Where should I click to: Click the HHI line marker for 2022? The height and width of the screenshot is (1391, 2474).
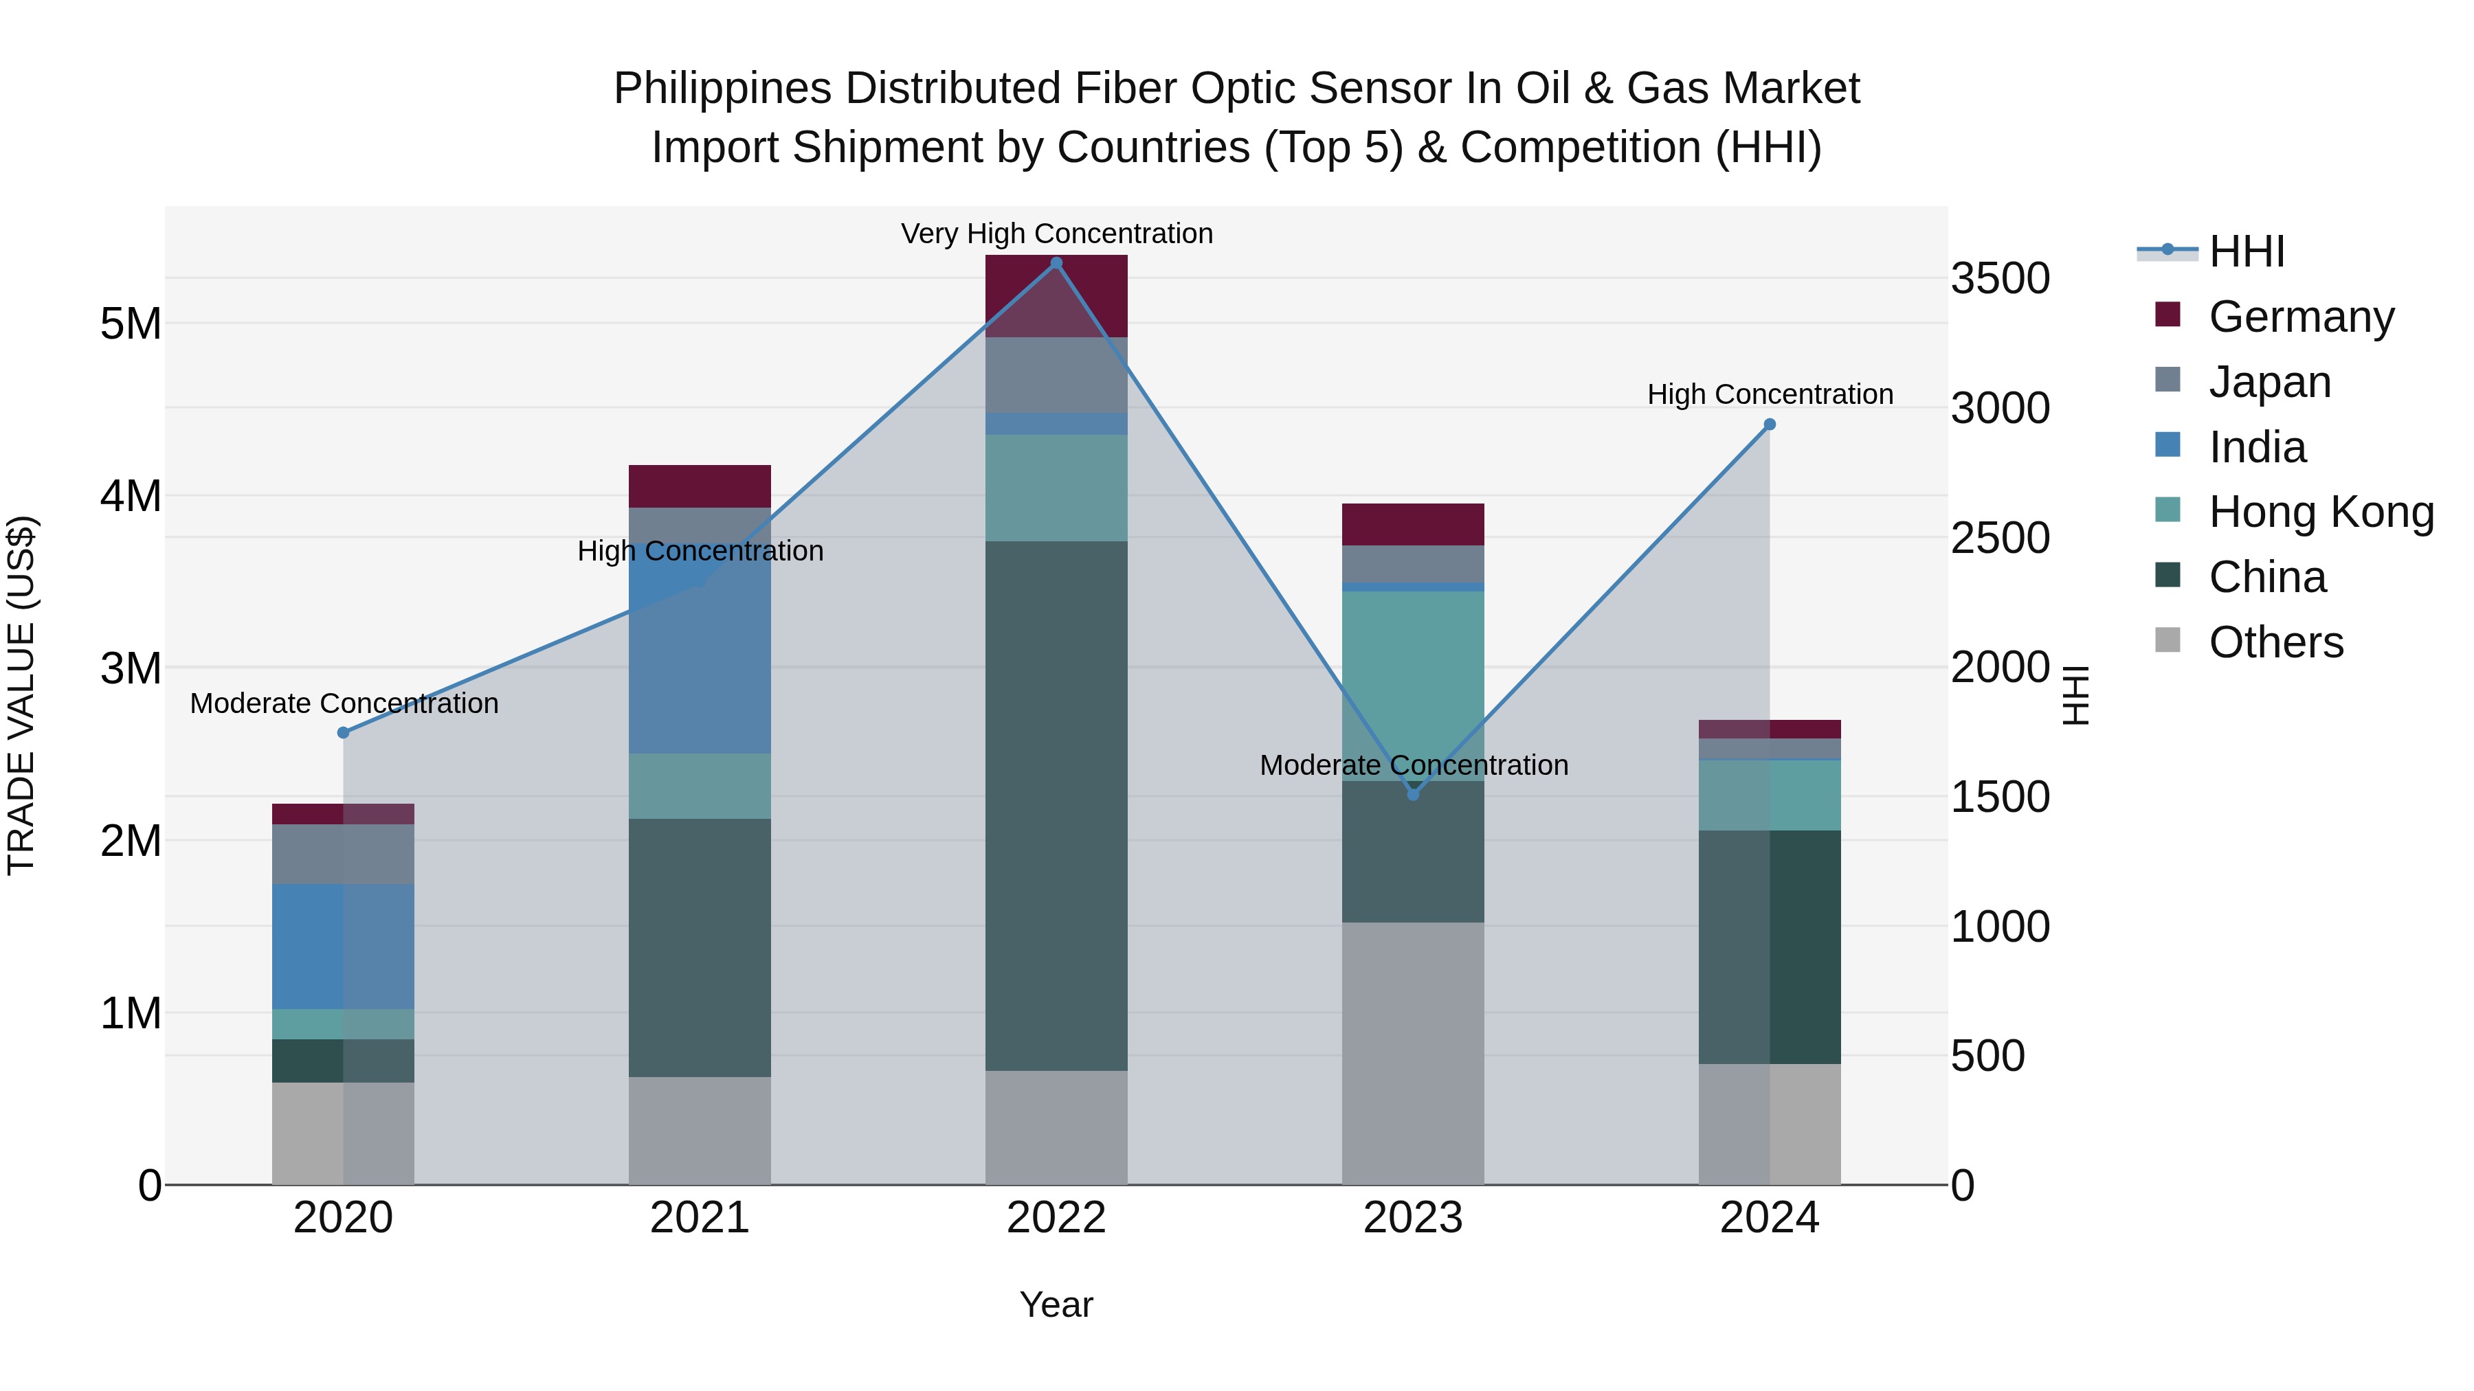pos(1056,263)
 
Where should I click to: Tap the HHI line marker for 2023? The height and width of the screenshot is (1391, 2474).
pos(1413,795)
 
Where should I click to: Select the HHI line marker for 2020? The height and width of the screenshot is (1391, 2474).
pos(344,732)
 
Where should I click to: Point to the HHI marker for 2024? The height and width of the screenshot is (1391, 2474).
pos(1770,425)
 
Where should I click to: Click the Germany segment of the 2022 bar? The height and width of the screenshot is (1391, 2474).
pos(1056,295)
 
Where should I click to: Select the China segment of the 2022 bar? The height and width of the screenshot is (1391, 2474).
pos(1056,806)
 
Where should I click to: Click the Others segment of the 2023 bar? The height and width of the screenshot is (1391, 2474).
pos(1413,1053)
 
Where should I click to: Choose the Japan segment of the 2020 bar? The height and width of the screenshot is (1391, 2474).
pos(344,855)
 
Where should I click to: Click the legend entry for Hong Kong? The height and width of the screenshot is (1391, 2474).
pos(2320,512)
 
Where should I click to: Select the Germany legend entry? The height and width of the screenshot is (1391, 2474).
pos(2301,316)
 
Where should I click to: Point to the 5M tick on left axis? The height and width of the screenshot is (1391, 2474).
pos(131,324)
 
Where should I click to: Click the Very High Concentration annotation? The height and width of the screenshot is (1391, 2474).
pos(1056,234)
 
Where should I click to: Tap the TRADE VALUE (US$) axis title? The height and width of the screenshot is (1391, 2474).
pos(21,695)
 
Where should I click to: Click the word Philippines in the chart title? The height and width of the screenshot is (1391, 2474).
pos(722,89)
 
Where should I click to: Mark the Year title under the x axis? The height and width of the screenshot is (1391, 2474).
pos(1056,1304)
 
